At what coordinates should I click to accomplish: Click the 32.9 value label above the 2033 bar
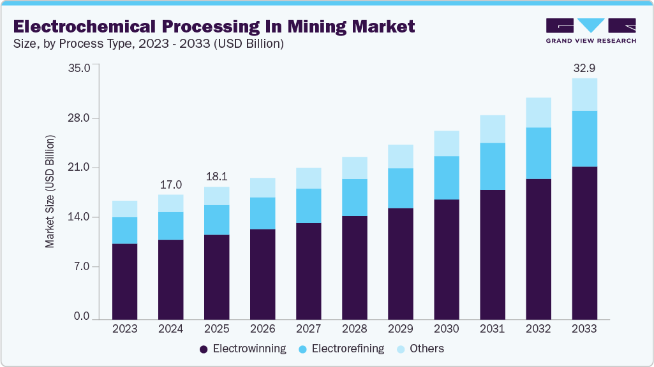pos(584,68)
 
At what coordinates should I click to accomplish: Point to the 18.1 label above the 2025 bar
pos(216,176)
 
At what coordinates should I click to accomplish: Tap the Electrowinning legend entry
pos(242,349)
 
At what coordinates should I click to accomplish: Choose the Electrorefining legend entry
pos(341,349)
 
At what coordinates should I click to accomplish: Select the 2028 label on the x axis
pos(354,329)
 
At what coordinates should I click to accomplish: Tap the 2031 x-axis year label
pos(493,329)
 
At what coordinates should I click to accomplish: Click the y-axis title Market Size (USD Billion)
pos(50,191)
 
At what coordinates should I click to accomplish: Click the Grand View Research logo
pos(591,31)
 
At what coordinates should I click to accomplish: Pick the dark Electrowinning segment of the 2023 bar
pos(124,281)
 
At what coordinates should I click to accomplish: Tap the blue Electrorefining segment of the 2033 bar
pos(584,138)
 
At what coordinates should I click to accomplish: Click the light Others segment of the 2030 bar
pos(447,143)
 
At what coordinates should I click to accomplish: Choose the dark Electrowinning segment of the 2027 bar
pos(309,271)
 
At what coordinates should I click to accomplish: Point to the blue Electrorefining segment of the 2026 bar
pos(263,213)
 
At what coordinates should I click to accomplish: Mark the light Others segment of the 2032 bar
pos(539,113)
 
